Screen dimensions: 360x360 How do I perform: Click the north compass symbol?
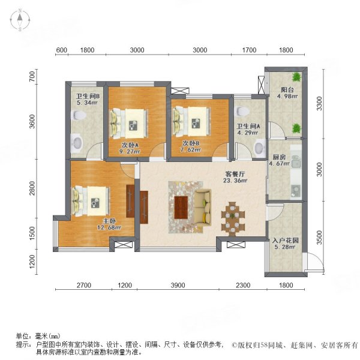pyautogui.click(x=20, y=21)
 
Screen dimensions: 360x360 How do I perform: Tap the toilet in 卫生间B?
pyautogui.click(x=77, y=142)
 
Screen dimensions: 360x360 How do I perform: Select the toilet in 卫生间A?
pyautogui.click(x=259, y=147)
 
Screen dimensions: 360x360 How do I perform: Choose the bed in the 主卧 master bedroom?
pyautogui.click(x=90, y=200)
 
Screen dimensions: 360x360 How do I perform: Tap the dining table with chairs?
pyautogui.click(x=233, y=218)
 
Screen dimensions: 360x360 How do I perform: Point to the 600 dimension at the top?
pyautogui.click(x=61, y=50)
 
